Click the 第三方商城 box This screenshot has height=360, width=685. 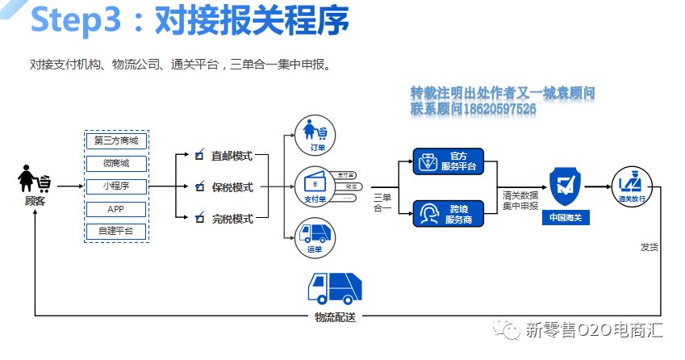tap(115, 141)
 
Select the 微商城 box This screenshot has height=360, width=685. tap(115, 164)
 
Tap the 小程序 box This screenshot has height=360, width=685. tap(115, 186)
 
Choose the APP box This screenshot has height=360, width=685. tap(115, 209)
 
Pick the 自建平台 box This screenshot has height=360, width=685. tap(115, 232)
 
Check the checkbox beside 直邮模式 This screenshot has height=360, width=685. tap(198, 155)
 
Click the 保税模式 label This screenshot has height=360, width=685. tap(232, 187)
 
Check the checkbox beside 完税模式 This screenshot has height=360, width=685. tap(198, 219)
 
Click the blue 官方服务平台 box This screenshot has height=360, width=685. tap(448, 161)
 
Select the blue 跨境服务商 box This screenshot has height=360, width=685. tap(448, 214)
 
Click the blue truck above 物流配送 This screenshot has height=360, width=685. tap(334, 287)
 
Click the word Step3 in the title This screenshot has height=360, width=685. tap(78, 23)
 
